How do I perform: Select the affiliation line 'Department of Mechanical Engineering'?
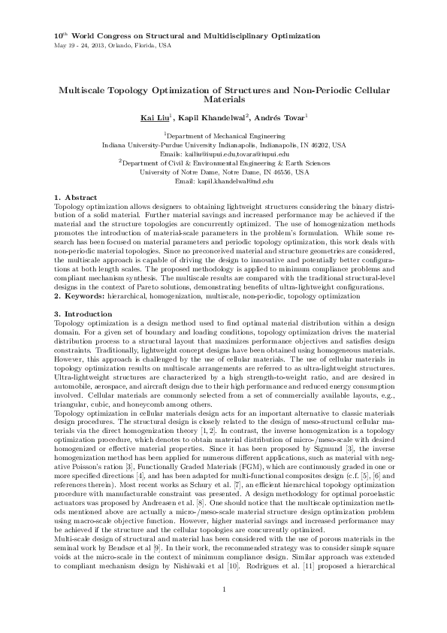tap(225, 135)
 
